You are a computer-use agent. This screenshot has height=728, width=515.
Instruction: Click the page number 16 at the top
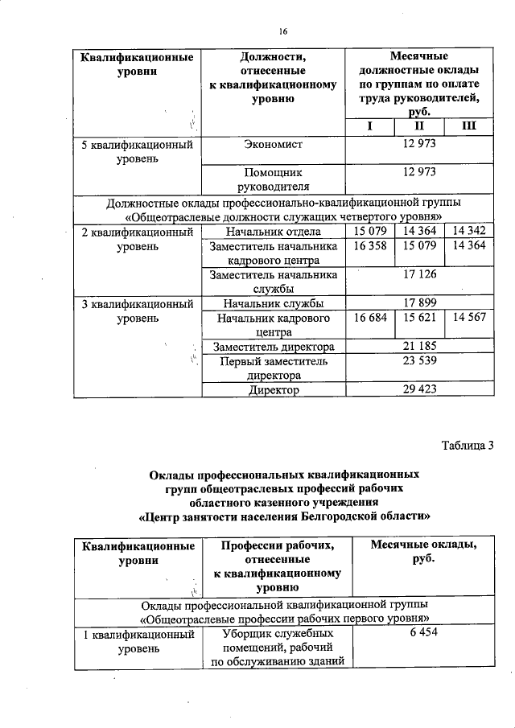pos(283,32)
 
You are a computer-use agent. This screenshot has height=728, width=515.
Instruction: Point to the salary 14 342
pos(468,232)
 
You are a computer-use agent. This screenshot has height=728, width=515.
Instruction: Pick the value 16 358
pos(370,246)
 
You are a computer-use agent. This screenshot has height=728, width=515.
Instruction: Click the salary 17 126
pos(418,275)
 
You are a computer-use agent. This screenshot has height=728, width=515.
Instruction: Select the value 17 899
pos(418,303)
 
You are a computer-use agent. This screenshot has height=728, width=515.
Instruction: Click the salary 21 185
pos(418,347)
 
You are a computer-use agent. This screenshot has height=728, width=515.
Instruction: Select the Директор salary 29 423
pos(418,390)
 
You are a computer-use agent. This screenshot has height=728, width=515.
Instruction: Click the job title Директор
pos(274,390)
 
